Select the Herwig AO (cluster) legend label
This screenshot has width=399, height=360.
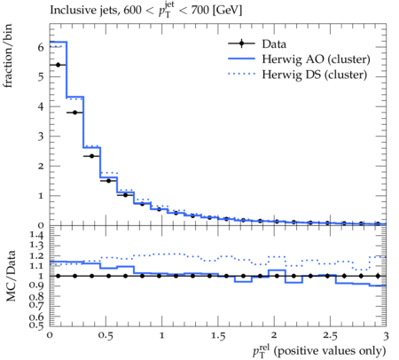tap(316, 59)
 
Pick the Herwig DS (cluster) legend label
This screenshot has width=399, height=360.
tap(315, 74)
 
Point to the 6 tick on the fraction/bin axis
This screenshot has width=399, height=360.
tap(41, 47)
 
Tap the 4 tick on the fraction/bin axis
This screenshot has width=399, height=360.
tap(41, 106)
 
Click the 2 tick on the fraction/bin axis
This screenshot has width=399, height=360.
tap(41, 166)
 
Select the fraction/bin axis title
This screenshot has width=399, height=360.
tap(8, 56)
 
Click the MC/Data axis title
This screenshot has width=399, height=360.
tap(11, 276)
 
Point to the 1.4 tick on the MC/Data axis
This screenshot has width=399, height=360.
tap(37, 235)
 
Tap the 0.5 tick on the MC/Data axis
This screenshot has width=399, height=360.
tap(37, 325)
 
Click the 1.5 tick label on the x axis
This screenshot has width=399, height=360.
tap(218, 336)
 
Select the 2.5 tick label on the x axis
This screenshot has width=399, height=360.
tap(330, 336)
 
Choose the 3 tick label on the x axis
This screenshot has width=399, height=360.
tap(386, 336)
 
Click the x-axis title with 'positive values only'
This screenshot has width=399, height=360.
tap(319, 351)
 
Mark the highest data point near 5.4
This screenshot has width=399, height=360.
tap(58, 65)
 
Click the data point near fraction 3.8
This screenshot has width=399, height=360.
tap(74, 113)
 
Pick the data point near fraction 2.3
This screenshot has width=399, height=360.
tap(91, 156)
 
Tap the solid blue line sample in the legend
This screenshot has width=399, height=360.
tap(241, 59)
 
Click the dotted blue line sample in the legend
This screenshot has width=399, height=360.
tap(241, 74)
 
